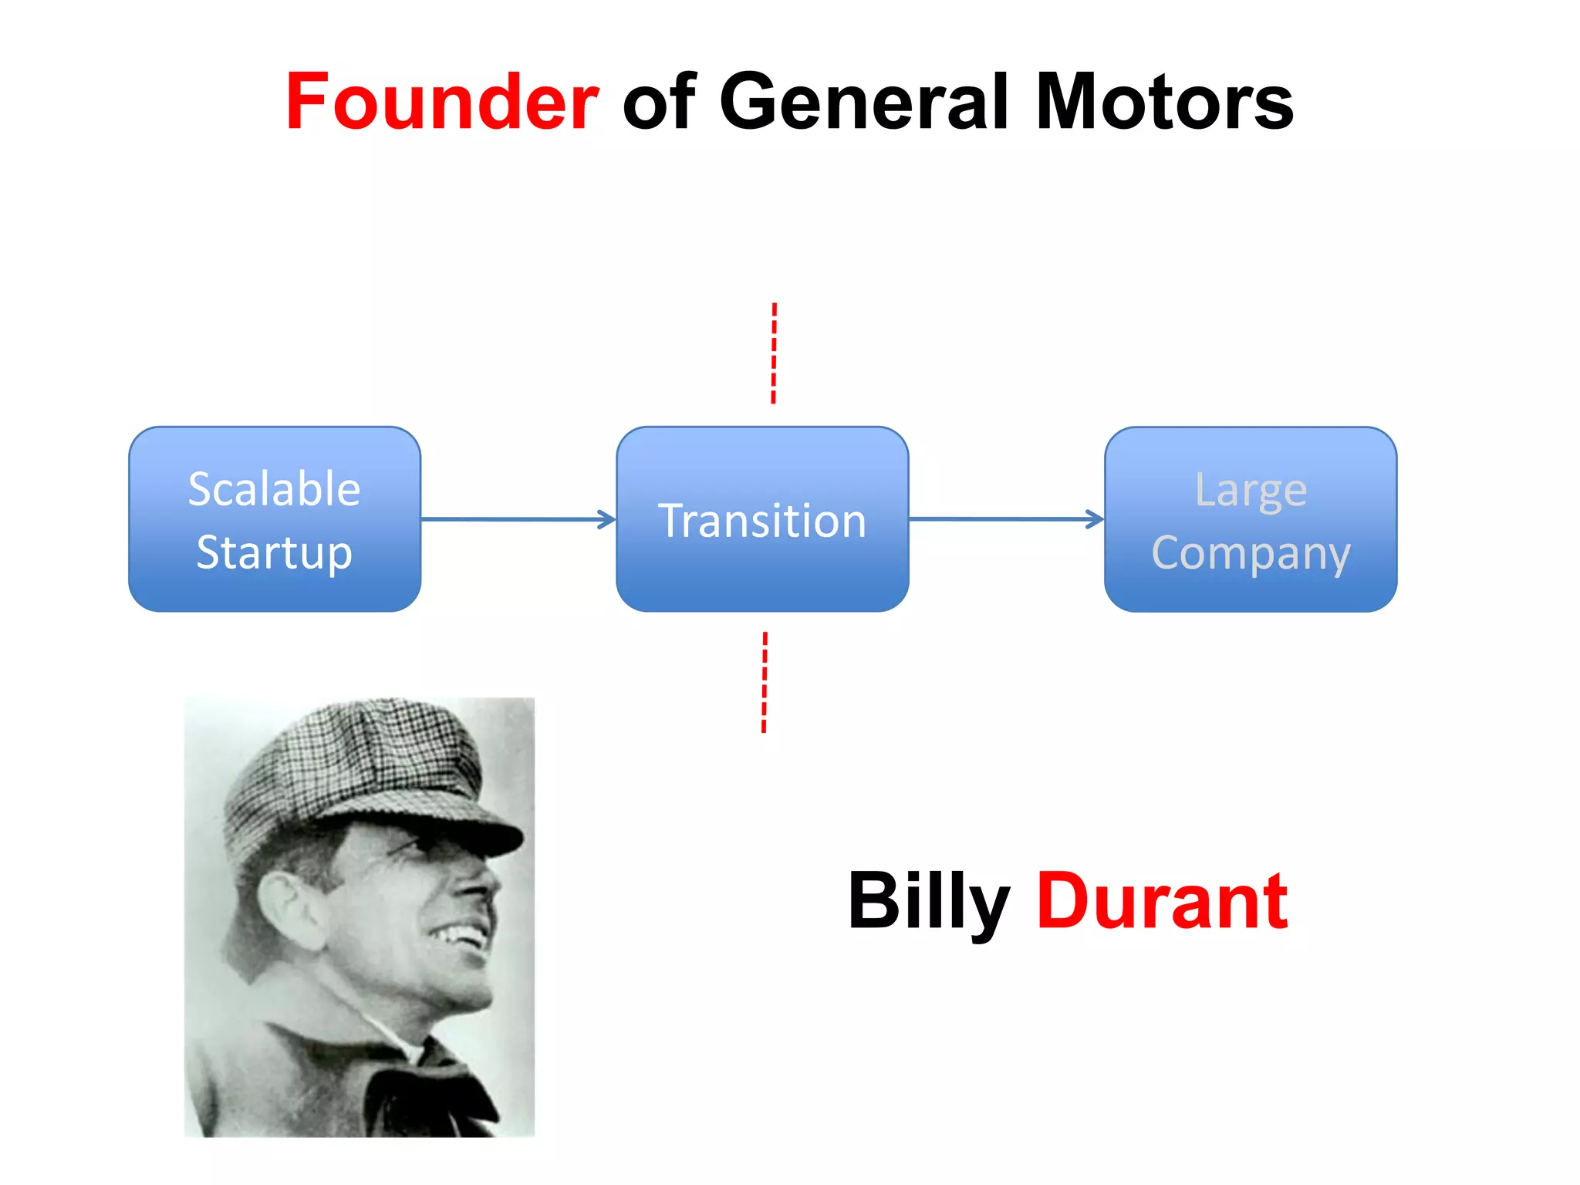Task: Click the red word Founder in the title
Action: tap(442, 102)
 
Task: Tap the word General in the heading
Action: tap(864, 102)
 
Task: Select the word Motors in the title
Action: tap(1164, 102)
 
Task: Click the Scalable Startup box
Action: tap(275, 519)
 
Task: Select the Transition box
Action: tap(762, 519)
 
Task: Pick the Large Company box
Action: tap(1251, 519)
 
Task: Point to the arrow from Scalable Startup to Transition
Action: tap(518, 519)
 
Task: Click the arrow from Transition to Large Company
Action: tap(1006, 519)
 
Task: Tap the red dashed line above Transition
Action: tap(774, 353)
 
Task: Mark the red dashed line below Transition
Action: tap(765, 682)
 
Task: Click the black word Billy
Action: tap(929, 901)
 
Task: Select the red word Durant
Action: tap(1162, 901)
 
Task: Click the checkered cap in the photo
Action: tap(347, 764)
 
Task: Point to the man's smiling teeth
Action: tap(463, 937)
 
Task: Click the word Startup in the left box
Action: tap(275, 552)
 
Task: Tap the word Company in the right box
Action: tap(1251, 554)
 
